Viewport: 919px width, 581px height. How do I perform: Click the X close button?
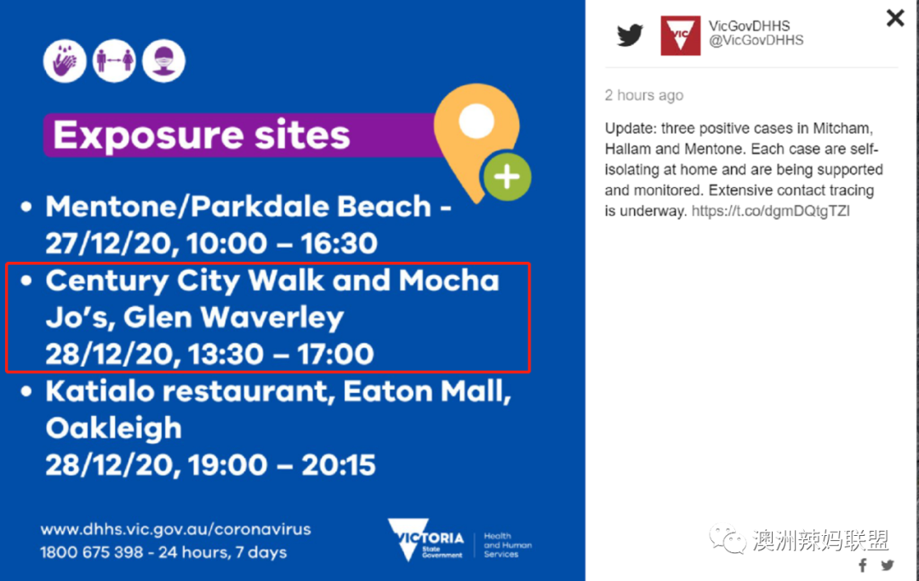click(x=895, y=18)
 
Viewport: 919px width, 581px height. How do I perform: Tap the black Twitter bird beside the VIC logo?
click(x=630, y=35)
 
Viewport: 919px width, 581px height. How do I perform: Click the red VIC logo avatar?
click(x=681, y=36)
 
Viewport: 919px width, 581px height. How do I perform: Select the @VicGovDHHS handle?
click(x=756, y=41)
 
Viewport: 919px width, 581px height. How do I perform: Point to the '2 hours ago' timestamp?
click(x=644, y=95)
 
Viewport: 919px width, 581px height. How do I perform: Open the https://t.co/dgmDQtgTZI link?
click(x=771, y=211)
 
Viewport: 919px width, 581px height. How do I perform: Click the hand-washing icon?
click(x=65, y=61)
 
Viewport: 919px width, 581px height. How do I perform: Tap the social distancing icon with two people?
click(x=114, y=61)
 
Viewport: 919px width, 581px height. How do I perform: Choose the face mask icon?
click(x=164, y=61)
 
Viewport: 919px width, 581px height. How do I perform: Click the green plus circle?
click(x=507, y=177)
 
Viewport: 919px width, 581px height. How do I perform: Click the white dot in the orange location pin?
click(x=477, y=121)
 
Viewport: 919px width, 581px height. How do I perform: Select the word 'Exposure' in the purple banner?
click(x=149, y=135)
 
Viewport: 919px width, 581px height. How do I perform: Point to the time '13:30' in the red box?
click(x=226, y=355)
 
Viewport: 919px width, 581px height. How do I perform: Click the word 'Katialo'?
click(x=100, y=391)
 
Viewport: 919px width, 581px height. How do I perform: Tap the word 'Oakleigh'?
click(x=114, y=429)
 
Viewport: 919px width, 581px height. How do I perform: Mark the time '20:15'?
click(x=338, y=465)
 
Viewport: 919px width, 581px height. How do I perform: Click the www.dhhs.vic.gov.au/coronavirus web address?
click(x=176, y=529)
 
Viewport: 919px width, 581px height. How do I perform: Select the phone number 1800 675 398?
click(x=91, y=552)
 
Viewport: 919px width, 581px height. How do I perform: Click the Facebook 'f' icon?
click(x=863, y=566)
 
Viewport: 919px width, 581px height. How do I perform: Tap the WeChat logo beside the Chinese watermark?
click(x=727, y=538)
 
